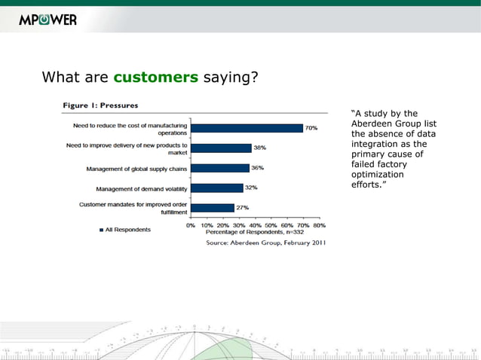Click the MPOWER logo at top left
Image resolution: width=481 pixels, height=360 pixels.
click(x=47, y=20)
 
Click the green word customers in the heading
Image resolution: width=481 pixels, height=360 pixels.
click(x=156, y=77)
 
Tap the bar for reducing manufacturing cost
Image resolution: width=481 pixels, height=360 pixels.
click(x=247, y=128)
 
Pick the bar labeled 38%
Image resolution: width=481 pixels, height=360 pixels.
click(x=221, y=148)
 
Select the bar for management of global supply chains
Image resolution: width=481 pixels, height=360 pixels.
click(x=219, y=168)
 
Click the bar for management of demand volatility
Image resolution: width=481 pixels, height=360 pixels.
click(x=217, y=188)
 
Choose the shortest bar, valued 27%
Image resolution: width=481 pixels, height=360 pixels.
click(x=213, y=207)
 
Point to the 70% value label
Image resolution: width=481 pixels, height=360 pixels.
click(x=311, y=128)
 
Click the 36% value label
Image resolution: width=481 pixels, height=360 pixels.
click(x=257, y=168)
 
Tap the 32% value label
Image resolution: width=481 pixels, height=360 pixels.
click(x=251, y=188)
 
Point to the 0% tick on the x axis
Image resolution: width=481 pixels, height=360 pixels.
click(x=191, y=224)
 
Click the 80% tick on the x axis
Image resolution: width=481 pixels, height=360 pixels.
click(x=319, y=224)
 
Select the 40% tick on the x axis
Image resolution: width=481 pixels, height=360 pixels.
click(x=255, y=224)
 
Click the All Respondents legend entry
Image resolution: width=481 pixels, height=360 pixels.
click(x=124, y=230)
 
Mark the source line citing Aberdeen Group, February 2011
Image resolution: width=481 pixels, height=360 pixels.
click(x=266, y=243)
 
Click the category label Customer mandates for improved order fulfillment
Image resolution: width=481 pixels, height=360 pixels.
click(x=133, y=208)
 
